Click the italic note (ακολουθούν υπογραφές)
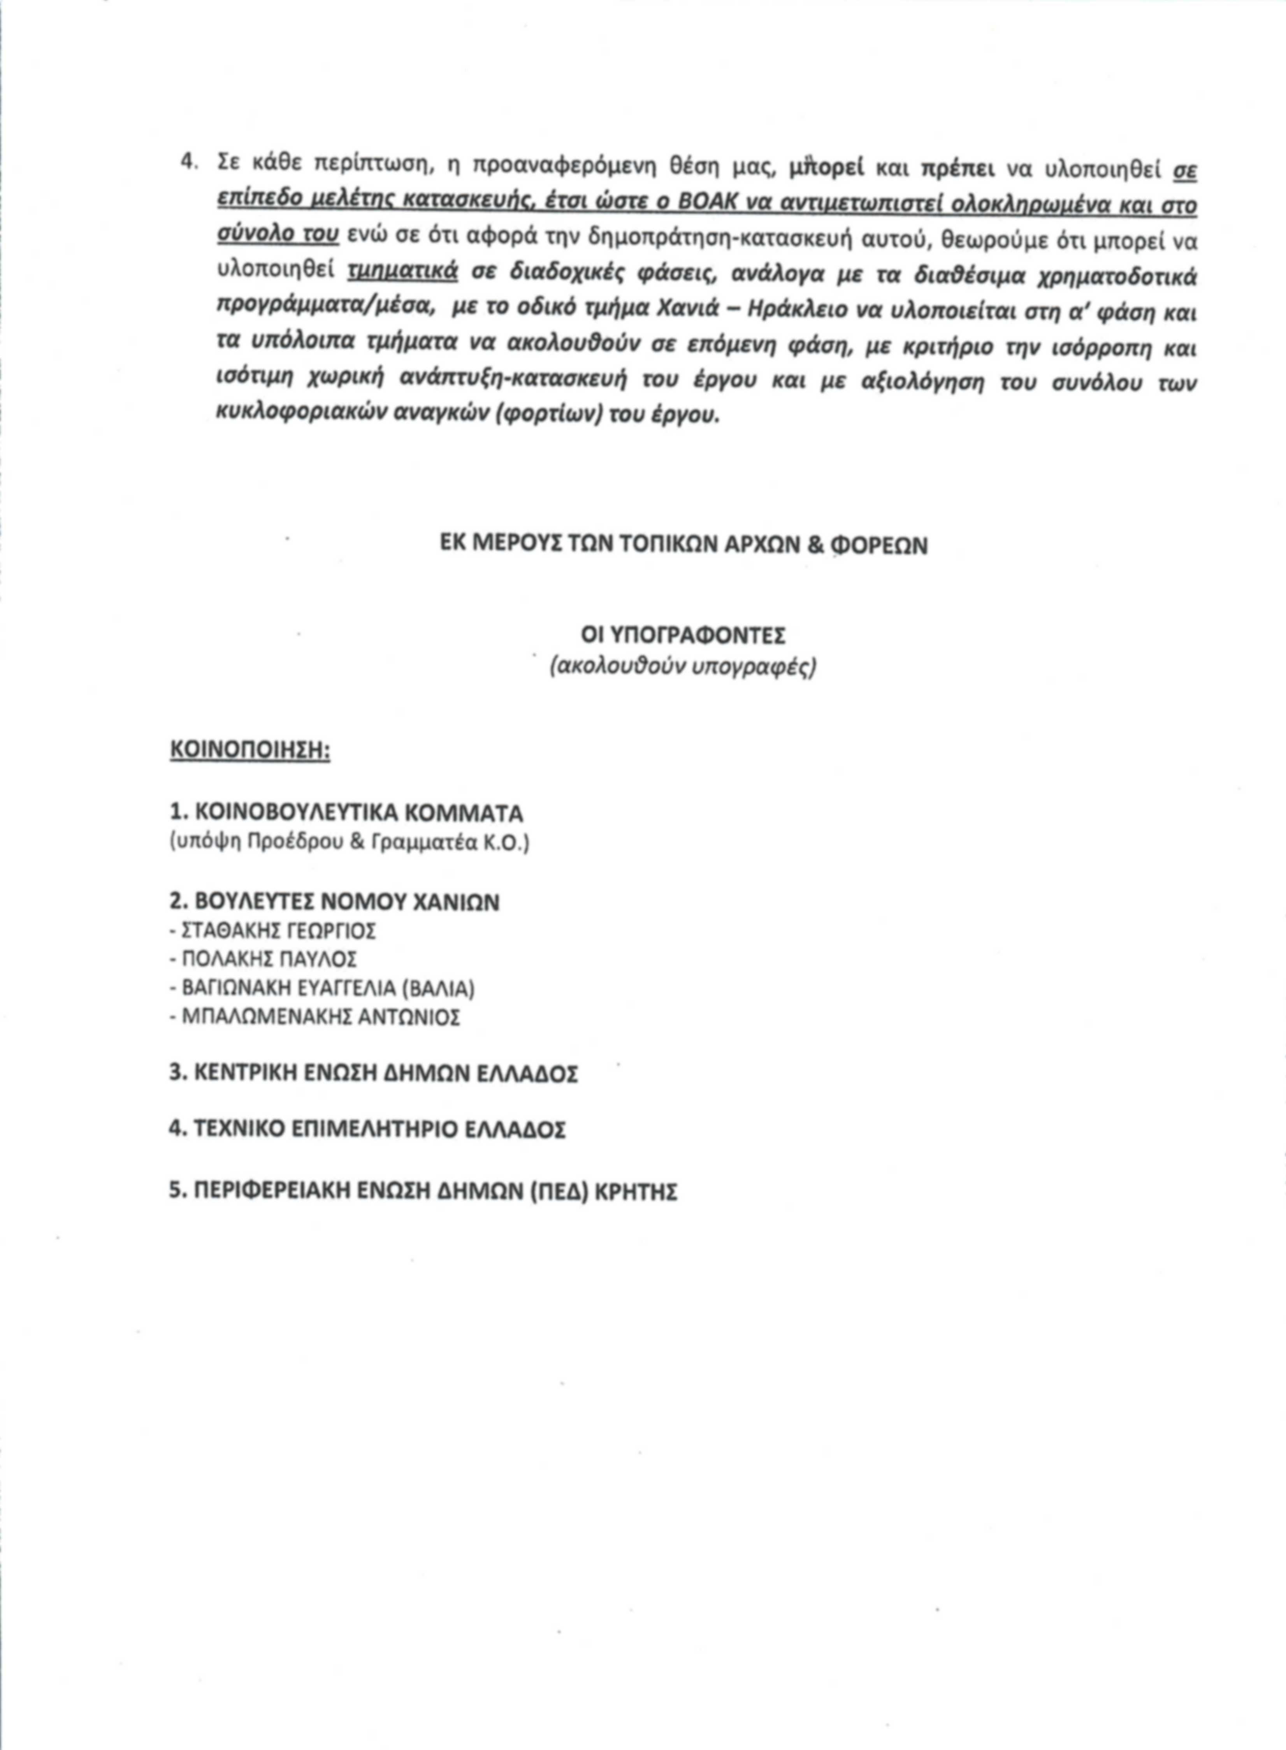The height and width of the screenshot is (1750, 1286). pos(683,667)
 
